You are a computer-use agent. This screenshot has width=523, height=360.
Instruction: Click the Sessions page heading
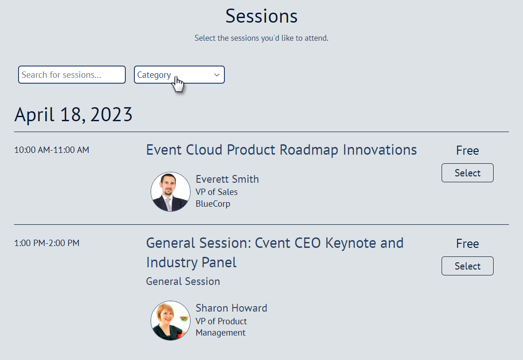[x=261, y=16]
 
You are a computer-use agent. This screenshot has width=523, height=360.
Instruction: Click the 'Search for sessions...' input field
[x=71, y=75]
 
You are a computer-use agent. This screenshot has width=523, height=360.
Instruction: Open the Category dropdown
[x=179, y=75]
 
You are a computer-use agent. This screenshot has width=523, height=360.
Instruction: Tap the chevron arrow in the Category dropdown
[x=217, y=75]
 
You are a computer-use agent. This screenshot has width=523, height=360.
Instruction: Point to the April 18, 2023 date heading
[x=73, y=115]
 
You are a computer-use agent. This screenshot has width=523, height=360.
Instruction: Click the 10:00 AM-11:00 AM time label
[x=52, y=150]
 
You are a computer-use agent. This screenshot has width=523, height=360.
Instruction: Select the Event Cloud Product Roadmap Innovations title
[x=281, y=150]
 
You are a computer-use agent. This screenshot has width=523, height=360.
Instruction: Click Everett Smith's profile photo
[x=171, y=192]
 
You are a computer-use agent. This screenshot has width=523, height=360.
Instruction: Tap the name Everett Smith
[x=227, y=179]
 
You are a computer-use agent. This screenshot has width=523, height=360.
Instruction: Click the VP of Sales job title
[x=216, y=192]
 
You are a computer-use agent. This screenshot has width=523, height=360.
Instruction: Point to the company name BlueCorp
[x=213, y=204]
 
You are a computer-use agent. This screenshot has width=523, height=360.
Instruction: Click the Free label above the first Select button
[x=467, y=151]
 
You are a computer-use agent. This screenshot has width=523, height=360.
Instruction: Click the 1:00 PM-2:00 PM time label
[x=47, y=243]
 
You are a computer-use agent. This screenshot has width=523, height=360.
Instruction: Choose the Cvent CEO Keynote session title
[x=275, y=252]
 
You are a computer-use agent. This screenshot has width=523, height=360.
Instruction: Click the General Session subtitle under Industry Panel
[x=183, y=281]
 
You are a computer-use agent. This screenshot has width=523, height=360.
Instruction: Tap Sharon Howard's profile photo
[x=171, y=321]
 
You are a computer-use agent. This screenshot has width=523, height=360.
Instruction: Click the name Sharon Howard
[x=231, y=308]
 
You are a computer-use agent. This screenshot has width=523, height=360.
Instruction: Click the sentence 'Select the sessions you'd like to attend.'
[x=261, y=38]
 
